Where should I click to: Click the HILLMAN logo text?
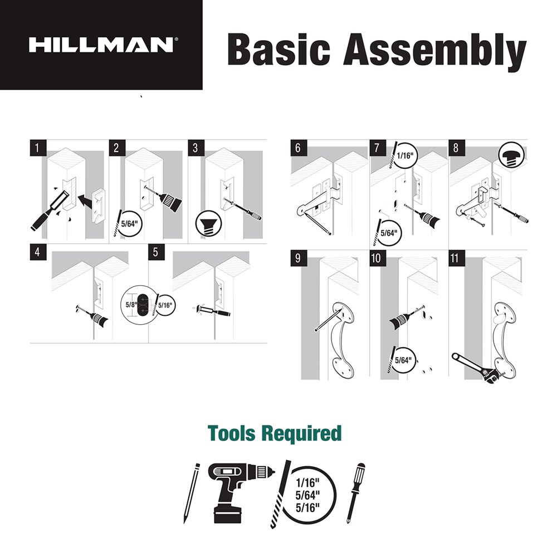click(x=101, y=45)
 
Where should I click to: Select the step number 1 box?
click(x=37, y=148)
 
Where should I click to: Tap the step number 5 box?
click(x=155, y=251)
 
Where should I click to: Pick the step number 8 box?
click(x=456, y=148)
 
